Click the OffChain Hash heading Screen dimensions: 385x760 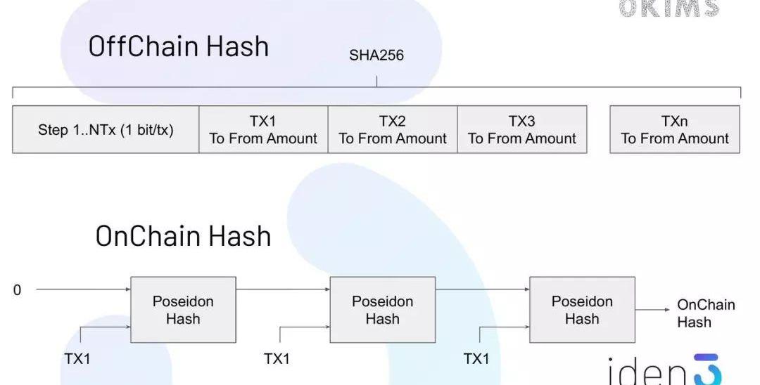179,46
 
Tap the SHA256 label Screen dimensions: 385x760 376,56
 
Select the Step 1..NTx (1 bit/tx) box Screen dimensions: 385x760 106,130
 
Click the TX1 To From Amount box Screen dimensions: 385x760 263,130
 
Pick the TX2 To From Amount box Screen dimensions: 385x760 393,130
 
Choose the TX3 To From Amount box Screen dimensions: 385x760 522,130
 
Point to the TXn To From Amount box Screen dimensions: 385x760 674,130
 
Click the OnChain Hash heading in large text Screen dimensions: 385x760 183,236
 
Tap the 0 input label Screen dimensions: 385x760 18,290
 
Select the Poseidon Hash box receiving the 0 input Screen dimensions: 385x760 183,310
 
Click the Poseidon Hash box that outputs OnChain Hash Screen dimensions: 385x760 582,310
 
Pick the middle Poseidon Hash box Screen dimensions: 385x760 382,310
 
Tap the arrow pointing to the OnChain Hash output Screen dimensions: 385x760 652,309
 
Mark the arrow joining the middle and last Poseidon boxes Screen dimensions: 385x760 482,289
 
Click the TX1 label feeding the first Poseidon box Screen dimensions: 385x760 77,359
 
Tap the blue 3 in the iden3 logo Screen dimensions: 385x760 707,370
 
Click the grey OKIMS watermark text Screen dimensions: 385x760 669,8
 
